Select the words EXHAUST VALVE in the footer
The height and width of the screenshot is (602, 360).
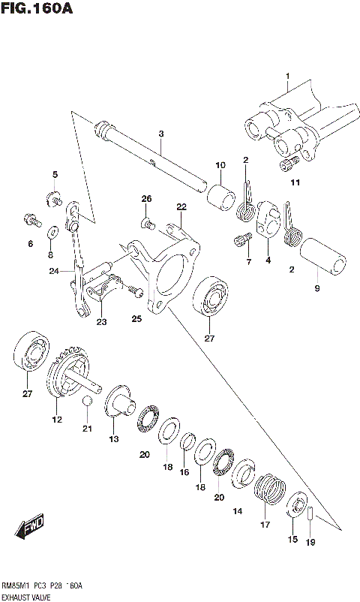click(28, 594)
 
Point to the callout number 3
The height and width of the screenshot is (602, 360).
click(160, 134)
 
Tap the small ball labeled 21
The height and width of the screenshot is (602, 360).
click(87, 405)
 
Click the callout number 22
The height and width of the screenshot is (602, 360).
click(181, 206)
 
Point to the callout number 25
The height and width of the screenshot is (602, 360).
click(136, 319)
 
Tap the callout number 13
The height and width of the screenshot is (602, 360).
click(114, 439)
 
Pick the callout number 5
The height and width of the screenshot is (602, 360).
click(55, 175)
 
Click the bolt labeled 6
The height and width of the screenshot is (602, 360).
click(29, 221)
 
